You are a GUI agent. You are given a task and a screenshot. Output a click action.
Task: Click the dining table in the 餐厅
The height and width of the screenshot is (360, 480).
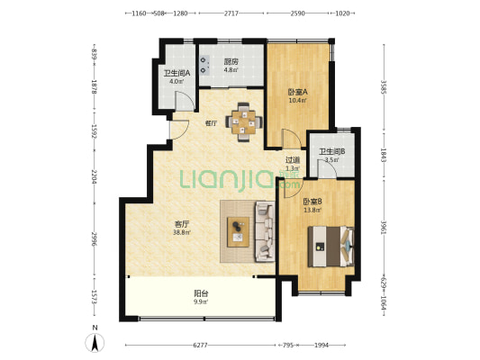(244, 122)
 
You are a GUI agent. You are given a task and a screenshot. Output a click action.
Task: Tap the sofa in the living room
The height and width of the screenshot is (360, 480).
(265, 231)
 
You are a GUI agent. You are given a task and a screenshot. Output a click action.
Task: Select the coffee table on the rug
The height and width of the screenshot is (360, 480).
(238, 232)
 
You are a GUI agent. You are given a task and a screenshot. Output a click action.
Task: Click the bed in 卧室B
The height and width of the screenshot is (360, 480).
(331, 247)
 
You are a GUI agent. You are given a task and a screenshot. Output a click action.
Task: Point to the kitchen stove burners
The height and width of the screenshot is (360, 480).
(204, 65)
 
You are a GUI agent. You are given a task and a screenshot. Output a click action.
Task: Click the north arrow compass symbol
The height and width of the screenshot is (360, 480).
(95, 343)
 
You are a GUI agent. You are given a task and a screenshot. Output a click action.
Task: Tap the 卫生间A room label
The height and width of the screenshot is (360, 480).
(177, 74)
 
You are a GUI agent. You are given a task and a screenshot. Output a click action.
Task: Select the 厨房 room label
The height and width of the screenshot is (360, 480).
(231, 62)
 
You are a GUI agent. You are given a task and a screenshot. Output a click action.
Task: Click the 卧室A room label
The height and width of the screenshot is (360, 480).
(297, 92)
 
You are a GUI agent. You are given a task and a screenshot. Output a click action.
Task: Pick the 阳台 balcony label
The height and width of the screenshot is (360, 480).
(201, 293)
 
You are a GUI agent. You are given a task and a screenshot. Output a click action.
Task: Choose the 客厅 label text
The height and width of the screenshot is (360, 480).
(182, 224)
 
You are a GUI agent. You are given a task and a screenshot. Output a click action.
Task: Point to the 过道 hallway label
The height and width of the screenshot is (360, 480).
(293, 159)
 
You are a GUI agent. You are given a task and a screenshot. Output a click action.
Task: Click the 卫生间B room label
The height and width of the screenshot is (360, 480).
(331, 151)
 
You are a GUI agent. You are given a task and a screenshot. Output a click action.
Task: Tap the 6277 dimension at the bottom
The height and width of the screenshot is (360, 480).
(200, 346)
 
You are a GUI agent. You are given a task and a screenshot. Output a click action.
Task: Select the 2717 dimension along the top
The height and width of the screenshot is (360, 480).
(231, 13)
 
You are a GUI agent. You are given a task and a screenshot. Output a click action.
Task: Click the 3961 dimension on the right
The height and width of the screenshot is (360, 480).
(384, 228)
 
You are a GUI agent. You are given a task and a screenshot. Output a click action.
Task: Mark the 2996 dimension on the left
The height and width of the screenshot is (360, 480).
(95, 238)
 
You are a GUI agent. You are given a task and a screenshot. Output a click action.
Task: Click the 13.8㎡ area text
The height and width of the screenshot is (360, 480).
(312, 210)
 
